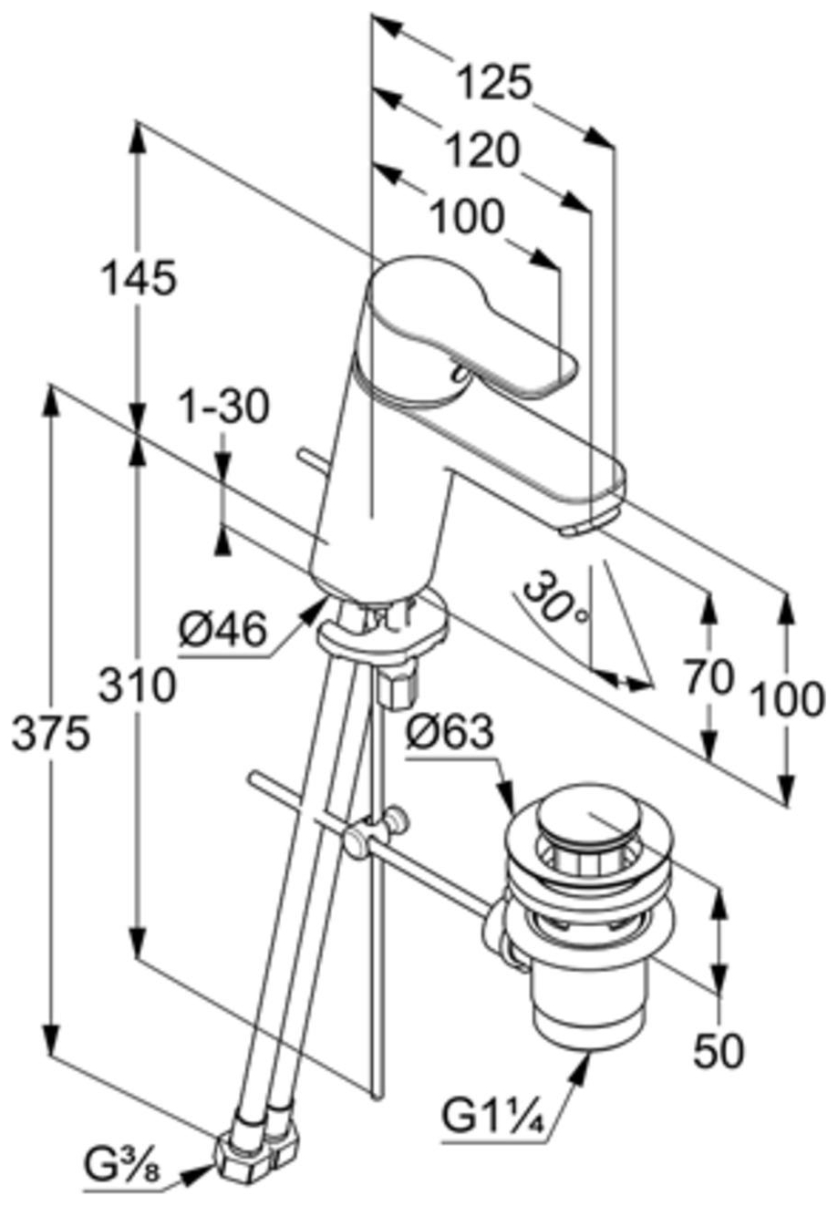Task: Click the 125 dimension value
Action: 494,83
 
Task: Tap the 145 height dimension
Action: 139,278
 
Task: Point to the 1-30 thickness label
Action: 223,407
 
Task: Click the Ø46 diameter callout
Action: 223,631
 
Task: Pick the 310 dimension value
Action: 138,685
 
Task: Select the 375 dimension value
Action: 50,733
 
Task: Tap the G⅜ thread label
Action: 121,1179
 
